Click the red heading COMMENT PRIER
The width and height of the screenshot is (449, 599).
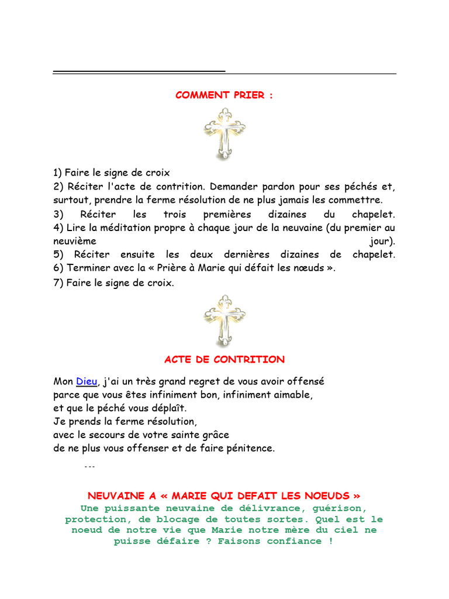[224, 95]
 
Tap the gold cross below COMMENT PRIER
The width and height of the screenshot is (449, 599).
[224, 134]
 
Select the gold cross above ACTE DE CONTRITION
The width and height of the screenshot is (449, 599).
[224, 321]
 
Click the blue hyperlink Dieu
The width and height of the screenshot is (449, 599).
[87, 381]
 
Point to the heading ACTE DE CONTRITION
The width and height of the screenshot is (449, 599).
[224, 359]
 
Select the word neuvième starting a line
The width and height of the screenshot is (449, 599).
[75, 240]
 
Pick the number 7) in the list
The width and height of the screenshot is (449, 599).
[58, 283]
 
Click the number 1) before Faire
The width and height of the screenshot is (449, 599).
[57, 173]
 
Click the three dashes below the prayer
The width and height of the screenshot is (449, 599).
[89, 467]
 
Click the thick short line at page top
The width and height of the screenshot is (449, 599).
[139, 71]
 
